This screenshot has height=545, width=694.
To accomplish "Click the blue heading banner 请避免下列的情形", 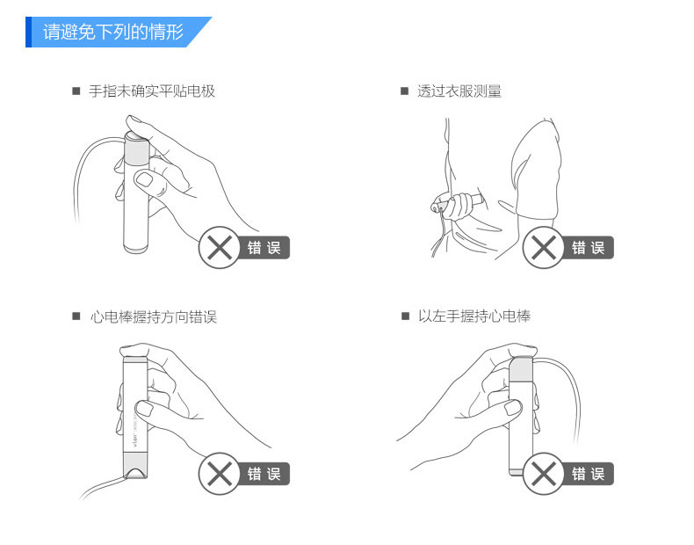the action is (x=119, y=32).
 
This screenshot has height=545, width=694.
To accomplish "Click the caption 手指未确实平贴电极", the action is (x=152, y=91).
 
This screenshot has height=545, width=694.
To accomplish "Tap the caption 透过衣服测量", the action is (x=459, y=91).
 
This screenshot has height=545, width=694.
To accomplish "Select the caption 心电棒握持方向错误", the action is (x=153, y=317).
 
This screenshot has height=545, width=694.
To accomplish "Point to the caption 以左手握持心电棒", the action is (x=474, y=316).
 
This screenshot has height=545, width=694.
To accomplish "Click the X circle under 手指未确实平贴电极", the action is (x=220, y=248).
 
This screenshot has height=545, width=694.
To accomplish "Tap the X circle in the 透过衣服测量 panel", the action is (x=544, y=248).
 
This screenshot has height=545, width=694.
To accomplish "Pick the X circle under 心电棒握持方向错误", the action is (x=220, y=474).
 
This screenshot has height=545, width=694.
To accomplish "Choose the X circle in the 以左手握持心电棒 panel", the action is (x=544, y=474).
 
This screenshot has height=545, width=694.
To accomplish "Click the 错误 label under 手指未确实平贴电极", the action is (x=264, y=248).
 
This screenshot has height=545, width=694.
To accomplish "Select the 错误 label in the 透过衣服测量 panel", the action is (x=589, y=248).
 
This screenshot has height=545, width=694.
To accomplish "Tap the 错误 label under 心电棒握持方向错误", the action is (x=264, y=474).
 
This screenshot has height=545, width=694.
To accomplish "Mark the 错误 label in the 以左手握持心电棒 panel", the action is (x=589, y=474).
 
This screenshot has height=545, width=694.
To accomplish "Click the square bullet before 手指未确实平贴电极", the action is (x=76, y=91).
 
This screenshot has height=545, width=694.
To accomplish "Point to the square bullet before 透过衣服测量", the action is (x=404, y=91).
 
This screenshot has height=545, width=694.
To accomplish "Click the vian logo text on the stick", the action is (x=135, y=440).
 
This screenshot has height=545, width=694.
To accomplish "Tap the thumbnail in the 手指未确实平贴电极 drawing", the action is (x=144, y=179).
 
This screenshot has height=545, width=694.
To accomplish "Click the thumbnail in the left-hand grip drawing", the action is (x=512, y=407).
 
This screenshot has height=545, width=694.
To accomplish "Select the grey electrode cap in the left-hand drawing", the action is (x=521, y=369).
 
